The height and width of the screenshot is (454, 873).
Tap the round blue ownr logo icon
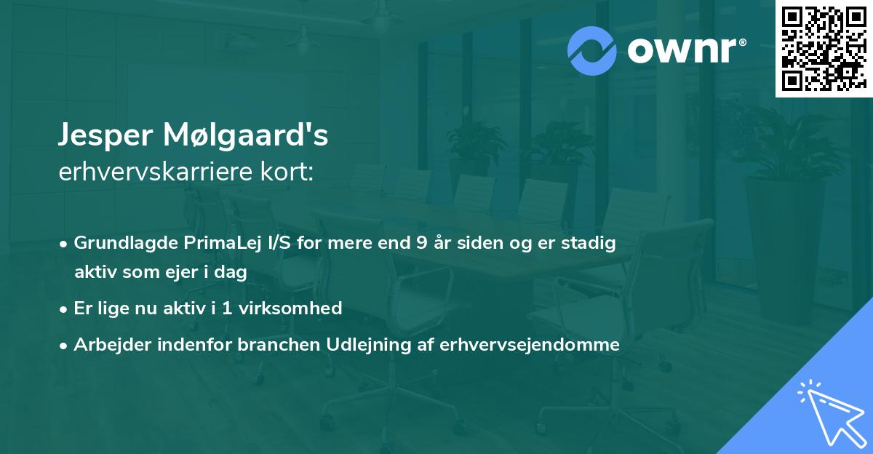592,51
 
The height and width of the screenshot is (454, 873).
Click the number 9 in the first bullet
421,243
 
